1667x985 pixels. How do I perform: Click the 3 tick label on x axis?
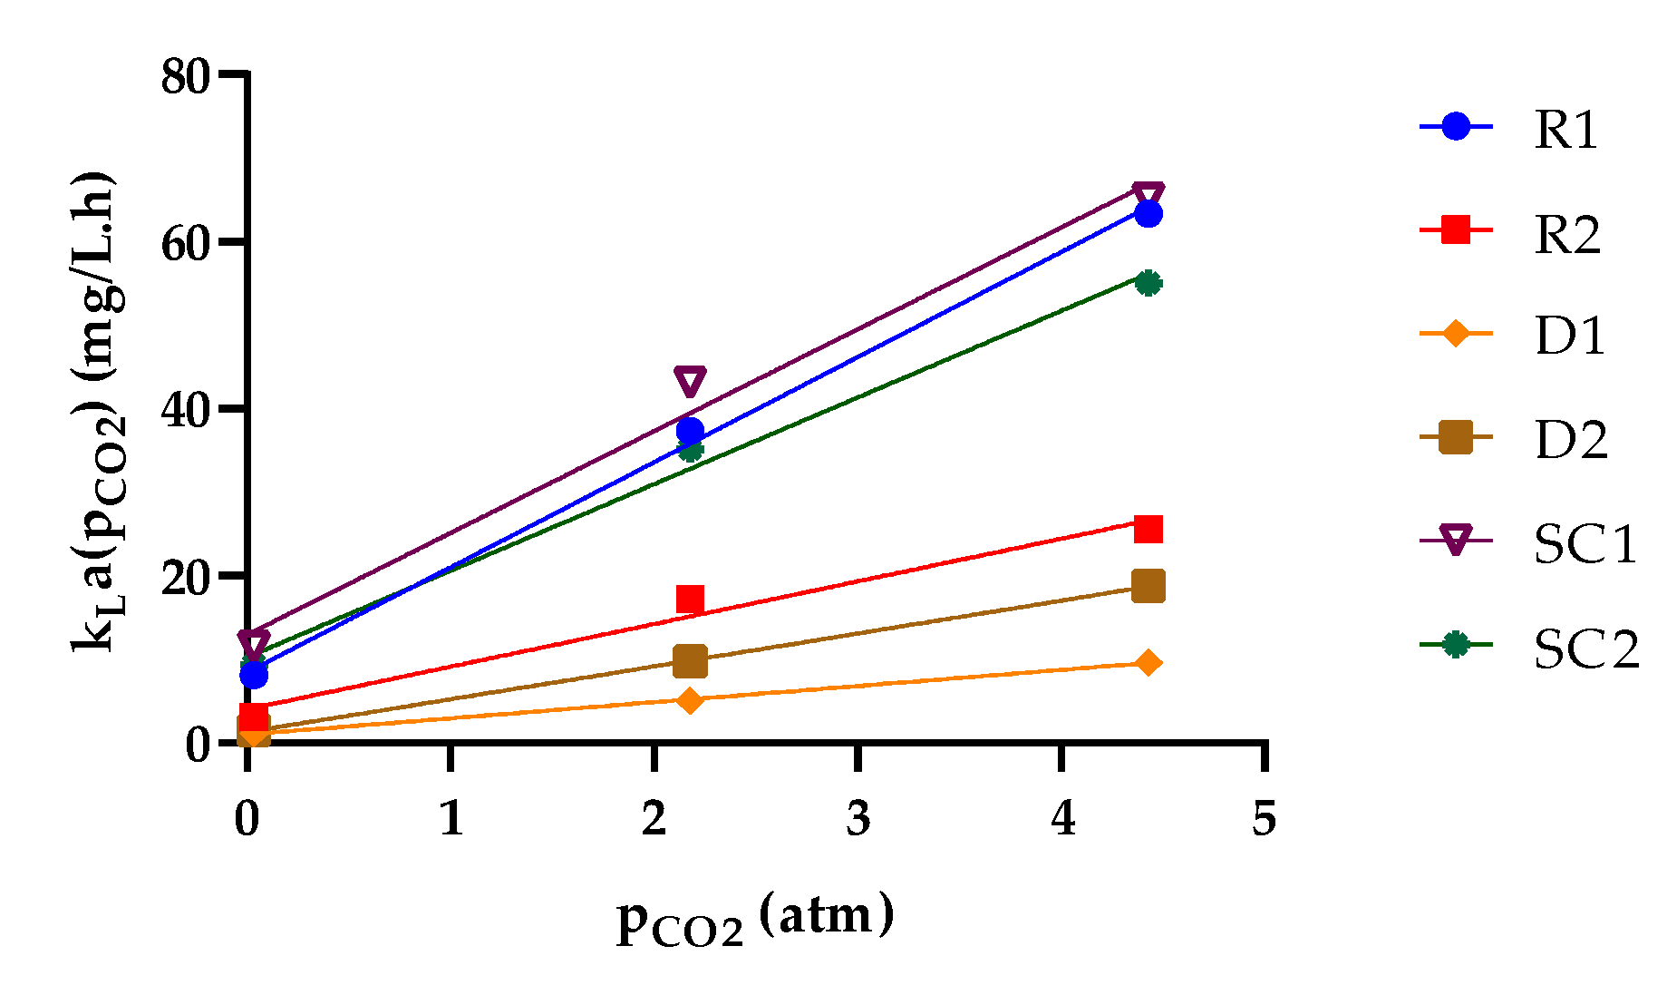coord(858,818)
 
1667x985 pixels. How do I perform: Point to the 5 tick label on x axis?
coord(1264,818)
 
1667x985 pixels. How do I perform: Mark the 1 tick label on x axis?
coord(451,818)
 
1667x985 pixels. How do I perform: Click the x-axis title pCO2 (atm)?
coord(755,919)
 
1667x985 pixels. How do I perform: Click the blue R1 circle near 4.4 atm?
coord(1148,214)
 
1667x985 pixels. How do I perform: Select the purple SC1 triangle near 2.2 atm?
coord(690,381)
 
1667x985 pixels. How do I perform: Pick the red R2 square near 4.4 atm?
coord(1148,529)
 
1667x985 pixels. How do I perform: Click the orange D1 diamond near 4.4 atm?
coord(1148,663)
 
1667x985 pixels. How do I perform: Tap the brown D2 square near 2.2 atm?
coord(690,661)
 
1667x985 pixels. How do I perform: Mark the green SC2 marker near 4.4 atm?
coord(1148,283)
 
